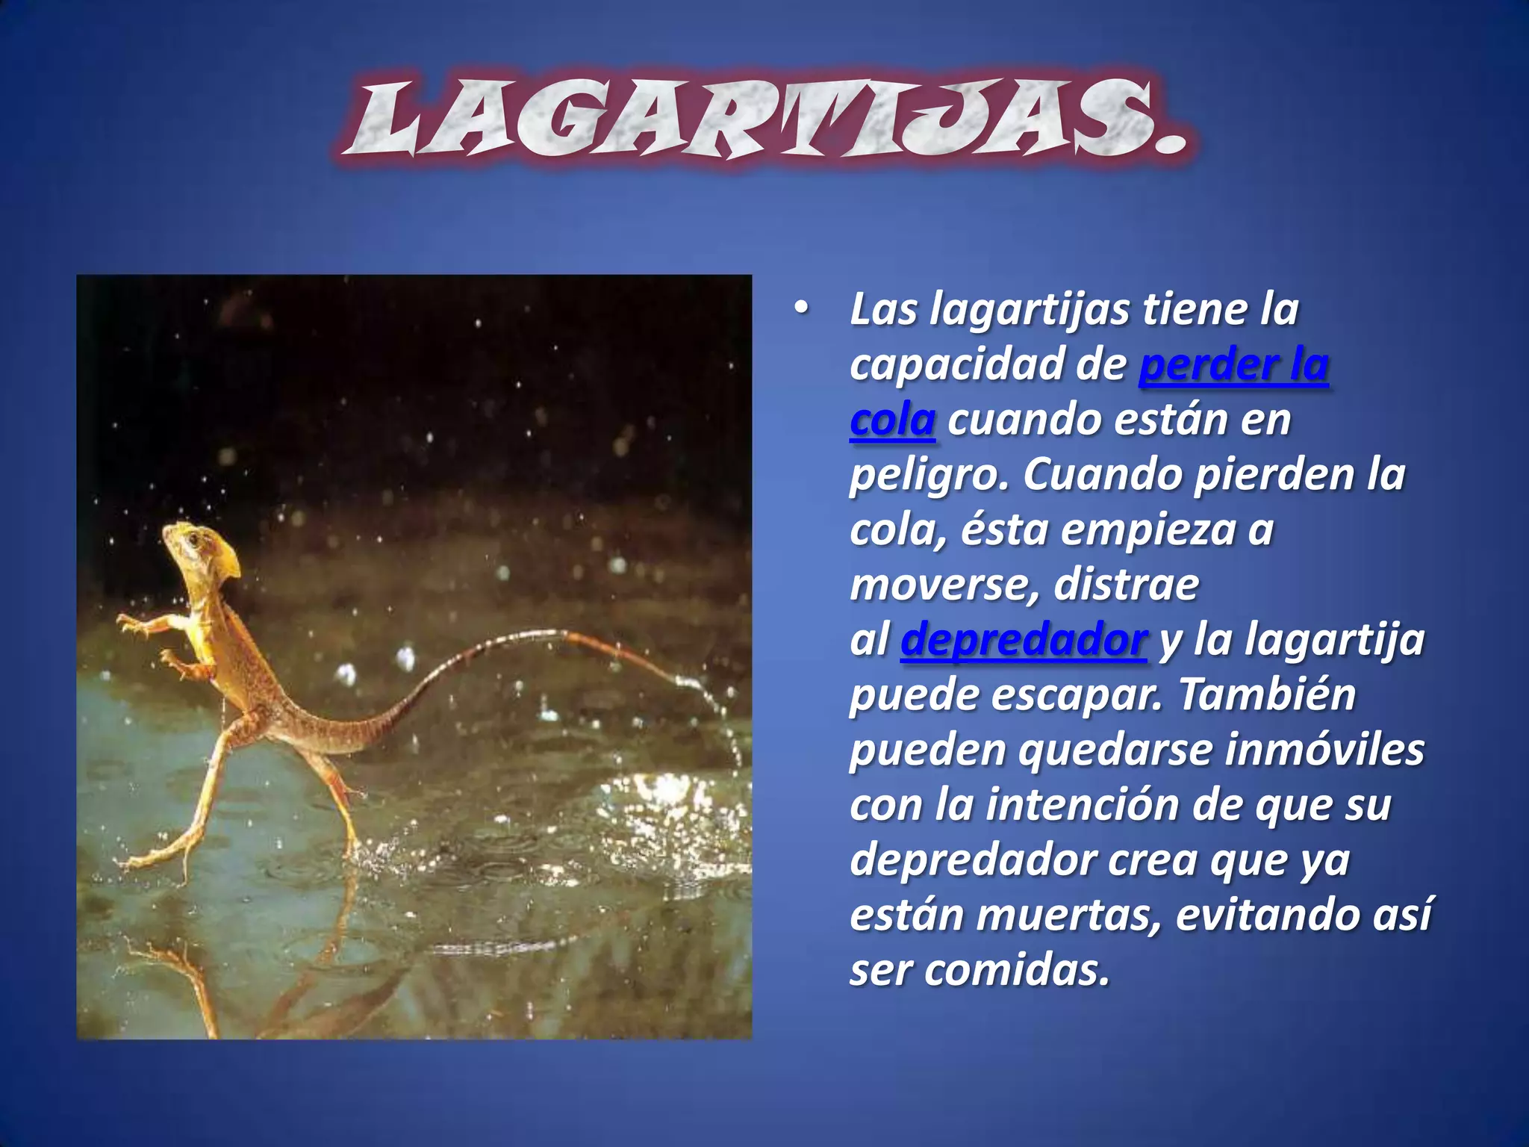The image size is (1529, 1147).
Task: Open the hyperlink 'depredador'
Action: pos(1024,641)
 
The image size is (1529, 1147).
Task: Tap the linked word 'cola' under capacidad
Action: pos(892,420)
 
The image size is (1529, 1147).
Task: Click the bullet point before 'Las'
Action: pos(801,309)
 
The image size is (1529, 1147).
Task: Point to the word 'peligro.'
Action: pos(929,476)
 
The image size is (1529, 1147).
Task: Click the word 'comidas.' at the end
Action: pos(1017,971)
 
